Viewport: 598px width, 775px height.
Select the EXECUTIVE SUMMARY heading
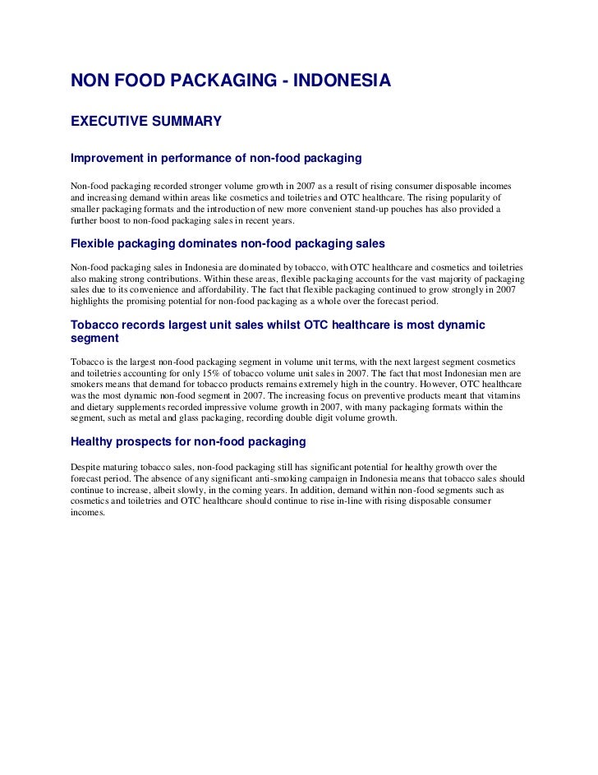(x=146, y=122)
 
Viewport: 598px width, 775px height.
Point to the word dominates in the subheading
(x=208, y=244)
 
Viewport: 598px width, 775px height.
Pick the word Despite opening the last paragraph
(x=87, y=468)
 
